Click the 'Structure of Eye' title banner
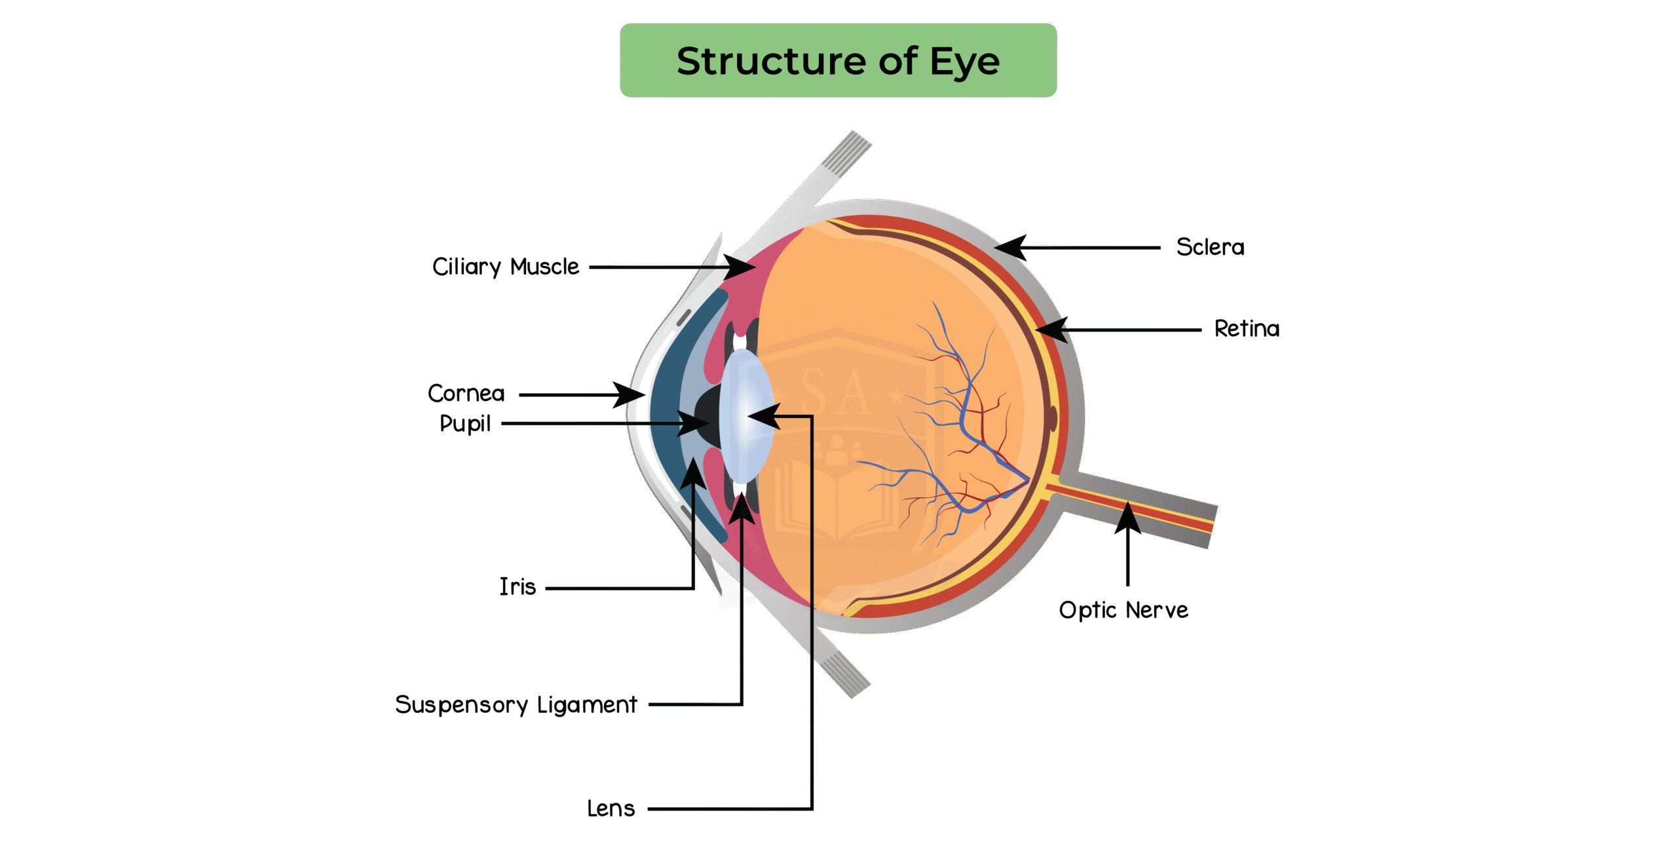coord(838,60)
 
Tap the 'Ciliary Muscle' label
coord(506,267)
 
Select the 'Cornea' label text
coord(466,393)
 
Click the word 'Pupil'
coord(465,423)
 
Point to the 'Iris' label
coord(518,586)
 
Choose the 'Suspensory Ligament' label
coord(516,705)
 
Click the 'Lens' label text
coord(611,809)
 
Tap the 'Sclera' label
coord(1210,247)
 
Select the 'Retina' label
coord(1247,328)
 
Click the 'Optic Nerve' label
coord(1123,610)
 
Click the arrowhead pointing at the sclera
coord(1009,247)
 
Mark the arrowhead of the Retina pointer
coord(1050,329)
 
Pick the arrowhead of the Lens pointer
coord(762,416)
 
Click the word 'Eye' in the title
coord(965,62)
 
